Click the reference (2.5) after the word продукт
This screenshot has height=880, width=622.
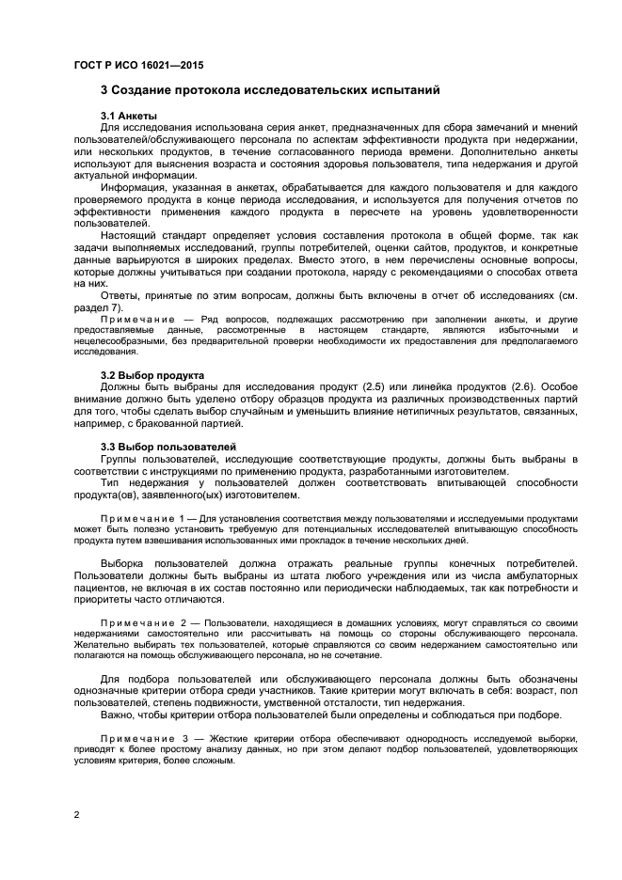[373, 387]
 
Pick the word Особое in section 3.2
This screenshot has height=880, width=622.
[558, 387]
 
